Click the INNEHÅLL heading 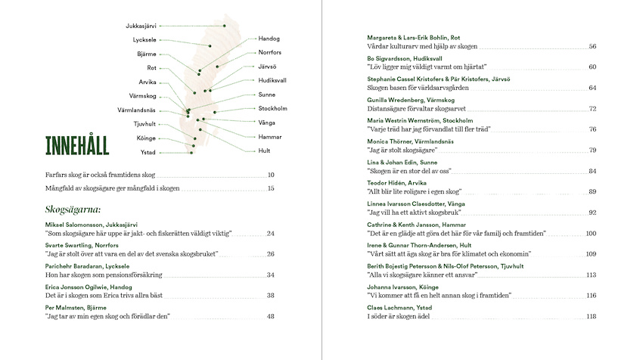pyautogui.click(x=77, y=145)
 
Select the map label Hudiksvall pyautogui.click(x=272, y=80)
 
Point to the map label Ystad pyautogui.click(x=148, y=152)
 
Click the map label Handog pyautogui.click(x=269, y=38)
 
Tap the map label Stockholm pyautogui.click(x=272, y=108)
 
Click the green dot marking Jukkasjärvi pyautogui.click(x=225, y=26)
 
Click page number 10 pyautogui.click(x=270, y=175)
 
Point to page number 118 pyautogui.click(x=592, y=316)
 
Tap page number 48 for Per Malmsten pyautogui.click(x=270, y=316)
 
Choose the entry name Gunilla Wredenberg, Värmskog pyautogui.click(x=411, y=100)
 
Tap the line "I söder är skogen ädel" pyautogui.click(x=399, y=316)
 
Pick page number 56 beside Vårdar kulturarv pyautogui.click(x=593, y=47)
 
